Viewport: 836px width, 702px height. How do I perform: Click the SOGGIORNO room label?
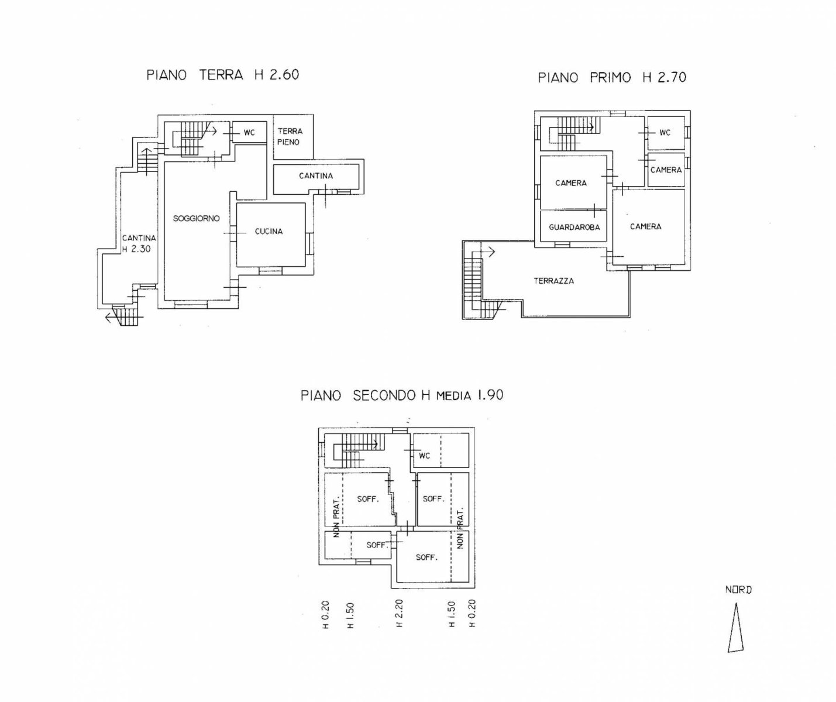point(196,219)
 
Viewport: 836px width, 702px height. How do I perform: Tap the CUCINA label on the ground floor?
point(269,232)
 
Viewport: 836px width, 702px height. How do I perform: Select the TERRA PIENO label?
point(290,136)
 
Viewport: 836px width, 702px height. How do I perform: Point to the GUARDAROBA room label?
point(574,228)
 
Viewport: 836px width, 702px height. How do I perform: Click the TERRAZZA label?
point(554,281)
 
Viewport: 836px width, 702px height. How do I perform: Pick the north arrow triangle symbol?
point(735,634)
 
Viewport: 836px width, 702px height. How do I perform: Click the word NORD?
point(738,590)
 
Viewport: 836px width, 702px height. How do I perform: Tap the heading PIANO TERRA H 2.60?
point(223,75)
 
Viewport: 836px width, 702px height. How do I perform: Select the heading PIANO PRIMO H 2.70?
point(612,77)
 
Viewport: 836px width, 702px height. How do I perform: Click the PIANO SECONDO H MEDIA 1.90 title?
point(402,395)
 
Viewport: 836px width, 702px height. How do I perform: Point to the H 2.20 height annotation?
point(399,613)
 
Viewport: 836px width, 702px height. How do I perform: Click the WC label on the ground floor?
point(249,133)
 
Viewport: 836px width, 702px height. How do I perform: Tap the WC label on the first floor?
point(665,133)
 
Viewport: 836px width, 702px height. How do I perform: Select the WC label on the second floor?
point(424,456)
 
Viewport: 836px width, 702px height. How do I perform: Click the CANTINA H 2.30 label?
point(139,243)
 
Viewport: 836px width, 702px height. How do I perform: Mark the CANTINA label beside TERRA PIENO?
point(316,176)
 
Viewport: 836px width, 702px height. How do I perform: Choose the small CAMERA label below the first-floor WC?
point(666,170)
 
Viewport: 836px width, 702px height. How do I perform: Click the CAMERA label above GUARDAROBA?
point(571,183)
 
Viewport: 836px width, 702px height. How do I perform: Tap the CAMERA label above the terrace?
point(645,226)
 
